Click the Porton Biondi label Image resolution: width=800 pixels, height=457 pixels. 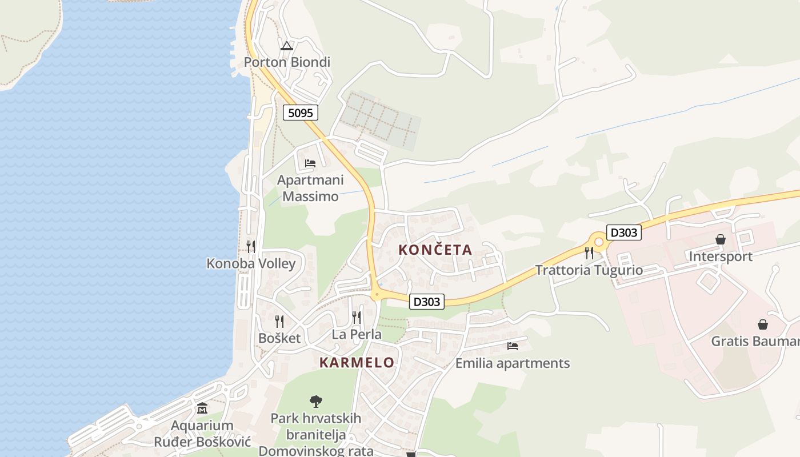click(287, 62)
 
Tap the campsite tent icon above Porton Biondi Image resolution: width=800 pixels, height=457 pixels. click(287, 46)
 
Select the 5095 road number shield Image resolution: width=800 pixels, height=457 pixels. click(301, 113)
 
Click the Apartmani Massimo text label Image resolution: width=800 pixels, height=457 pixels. click(310, 188)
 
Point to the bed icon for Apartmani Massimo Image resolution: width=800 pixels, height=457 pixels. click(310, 163)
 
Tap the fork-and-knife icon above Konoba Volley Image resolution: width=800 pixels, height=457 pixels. click(251, 247)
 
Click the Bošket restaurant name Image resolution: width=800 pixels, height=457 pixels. click(279, 338)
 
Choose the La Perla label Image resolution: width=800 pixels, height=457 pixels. click(357, 334)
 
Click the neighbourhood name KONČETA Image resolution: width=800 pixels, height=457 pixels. click(435, 250)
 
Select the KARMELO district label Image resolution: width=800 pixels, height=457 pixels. click(357, 362)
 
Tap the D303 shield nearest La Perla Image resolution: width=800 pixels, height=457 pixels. click(427, 301)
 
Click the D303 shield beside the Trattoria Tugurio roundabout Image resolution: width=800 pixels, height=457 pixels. click(624, 232)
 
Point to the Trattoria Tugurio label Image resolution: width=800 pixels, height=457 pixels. click(589, 270)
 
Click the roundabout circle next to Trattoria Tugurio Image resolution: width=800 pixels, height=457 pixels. click(599, 242)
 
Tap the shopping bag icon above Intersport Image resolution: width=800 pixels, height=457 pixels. click(721, 239)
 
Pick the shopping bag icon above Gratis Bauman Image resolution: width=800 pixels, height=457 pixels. click(763, 324)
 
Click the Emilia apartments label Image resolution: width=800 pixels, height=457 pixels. click(513, 363)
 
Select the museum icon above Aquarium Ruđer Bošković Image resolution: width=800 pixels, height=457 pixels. click(202, 408)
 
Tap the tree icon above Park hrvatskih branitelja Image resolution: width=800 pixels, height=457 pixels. click(315, 402)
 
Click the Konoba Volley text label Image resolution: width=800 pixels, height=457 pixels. click(251, 263)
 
